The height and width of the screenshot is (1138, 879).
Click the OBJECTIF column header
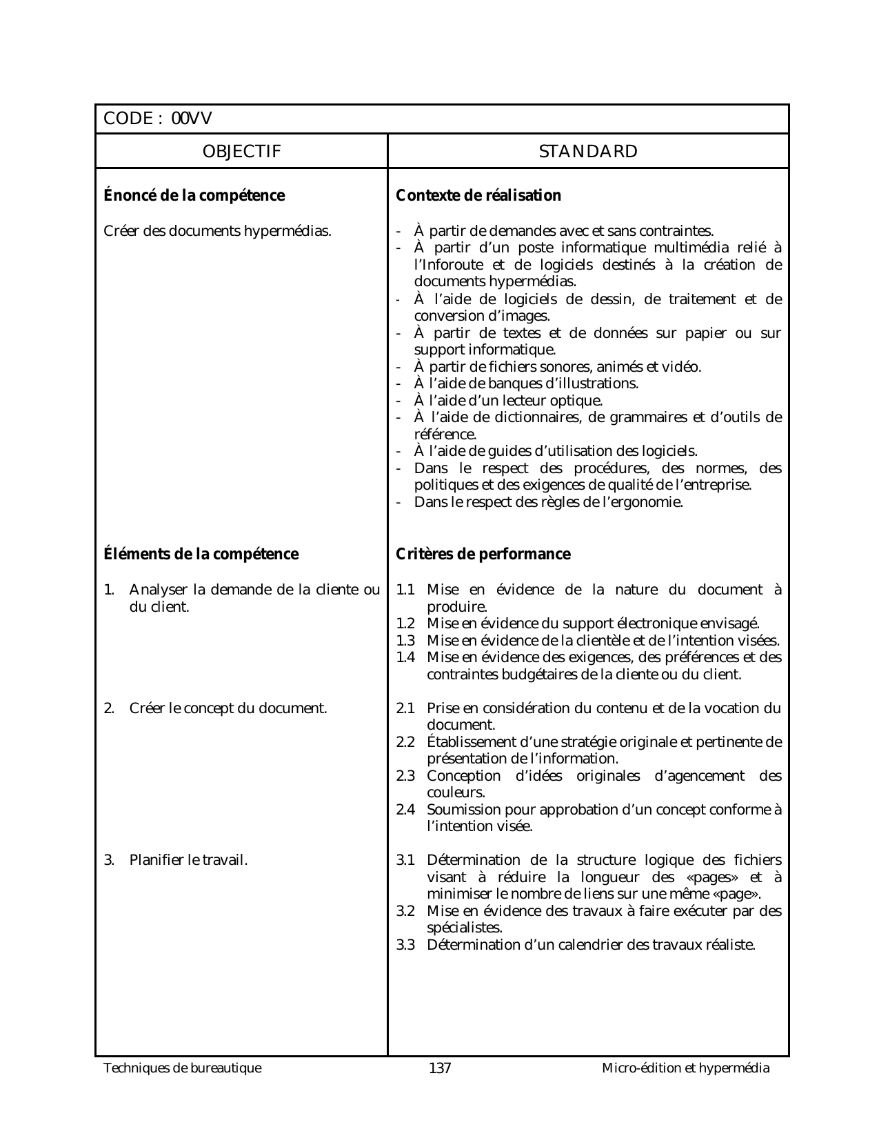tap(241, 152)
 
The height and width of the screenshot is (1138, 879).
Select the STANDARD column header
tap(588, 152)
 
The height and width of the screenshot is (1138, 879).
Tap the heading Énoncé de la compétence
tap(194, 196)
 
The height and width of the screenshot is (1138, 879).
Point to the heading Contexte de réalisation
tap(478, 196)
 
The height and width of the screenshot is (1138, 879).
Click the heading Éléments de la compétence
tap(201, 555)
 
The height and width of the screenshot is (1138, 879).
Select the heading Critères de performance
tap(483, 555)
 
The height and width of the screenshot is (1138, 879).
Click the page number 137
tap(440, 1069)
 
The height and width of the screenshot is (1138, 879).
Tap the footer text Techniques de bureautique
tap(183, 1068)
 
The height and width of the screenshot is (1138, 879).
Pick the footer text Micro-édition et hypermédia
tap(685, 1068)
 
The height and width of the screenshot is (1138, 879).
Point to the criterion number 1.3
tap(405, 641)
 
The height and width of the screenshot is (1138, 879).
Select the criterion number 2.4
tap(405, 810)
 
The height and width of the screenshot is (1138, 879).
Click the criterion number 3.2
tap(405, 911)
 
